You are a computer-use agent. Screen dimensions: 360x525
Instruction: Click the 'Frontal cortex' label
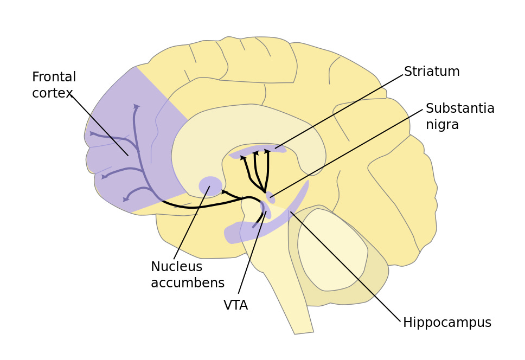(54, 85)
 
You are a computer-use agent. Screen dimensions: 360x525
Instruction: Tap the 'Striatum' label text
(432, 72)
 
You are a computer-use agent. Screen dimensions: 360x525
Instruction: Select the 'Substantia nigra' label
(460, 117)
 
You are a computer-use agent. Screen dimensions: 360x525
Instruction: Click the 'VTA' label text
(235, 305)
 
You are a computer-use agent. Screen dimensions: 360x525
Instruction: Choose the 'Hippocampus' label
(447, 323)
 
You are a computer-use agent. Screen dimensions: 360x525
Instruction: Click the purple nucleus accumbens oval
(210, 186)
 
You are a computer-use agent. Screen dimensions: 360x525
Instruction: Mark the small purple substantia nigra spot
(270, 197)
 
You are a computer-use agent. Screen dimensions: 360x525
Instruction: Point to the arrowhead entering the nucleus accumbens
(224, 191)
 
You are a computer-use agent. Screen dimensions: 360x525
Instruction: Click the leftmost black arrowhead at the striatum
(242, 158)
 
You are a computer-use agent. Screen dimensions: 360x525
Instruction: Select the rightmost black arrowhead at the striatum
(267, 151)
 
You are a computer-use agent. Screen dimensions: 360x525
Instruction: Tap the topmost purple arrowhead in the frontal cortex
(136, 107)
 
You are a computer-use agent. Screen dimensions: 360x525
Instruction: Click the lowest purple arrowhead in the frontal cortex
(126, 200)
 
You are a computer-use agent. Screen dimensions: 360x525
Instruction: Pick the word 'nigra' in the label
(442, 125)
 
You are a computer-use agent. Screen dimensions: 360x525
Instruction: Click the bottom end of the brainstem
(304, 331)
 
